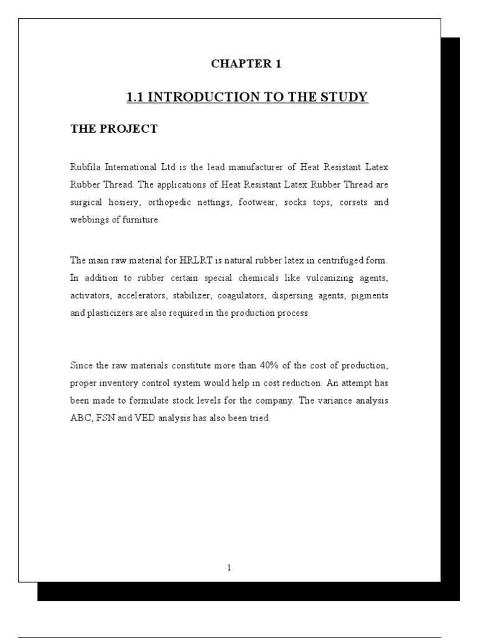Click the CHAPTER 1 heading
click(x=246, y=64)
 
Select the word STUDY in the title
click(x=345, y=97)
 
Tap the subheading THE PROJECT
click(x=114, y=129)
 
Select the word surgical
click(x=86, y=203)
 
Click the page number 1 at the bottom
click(x=230, y=567)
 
